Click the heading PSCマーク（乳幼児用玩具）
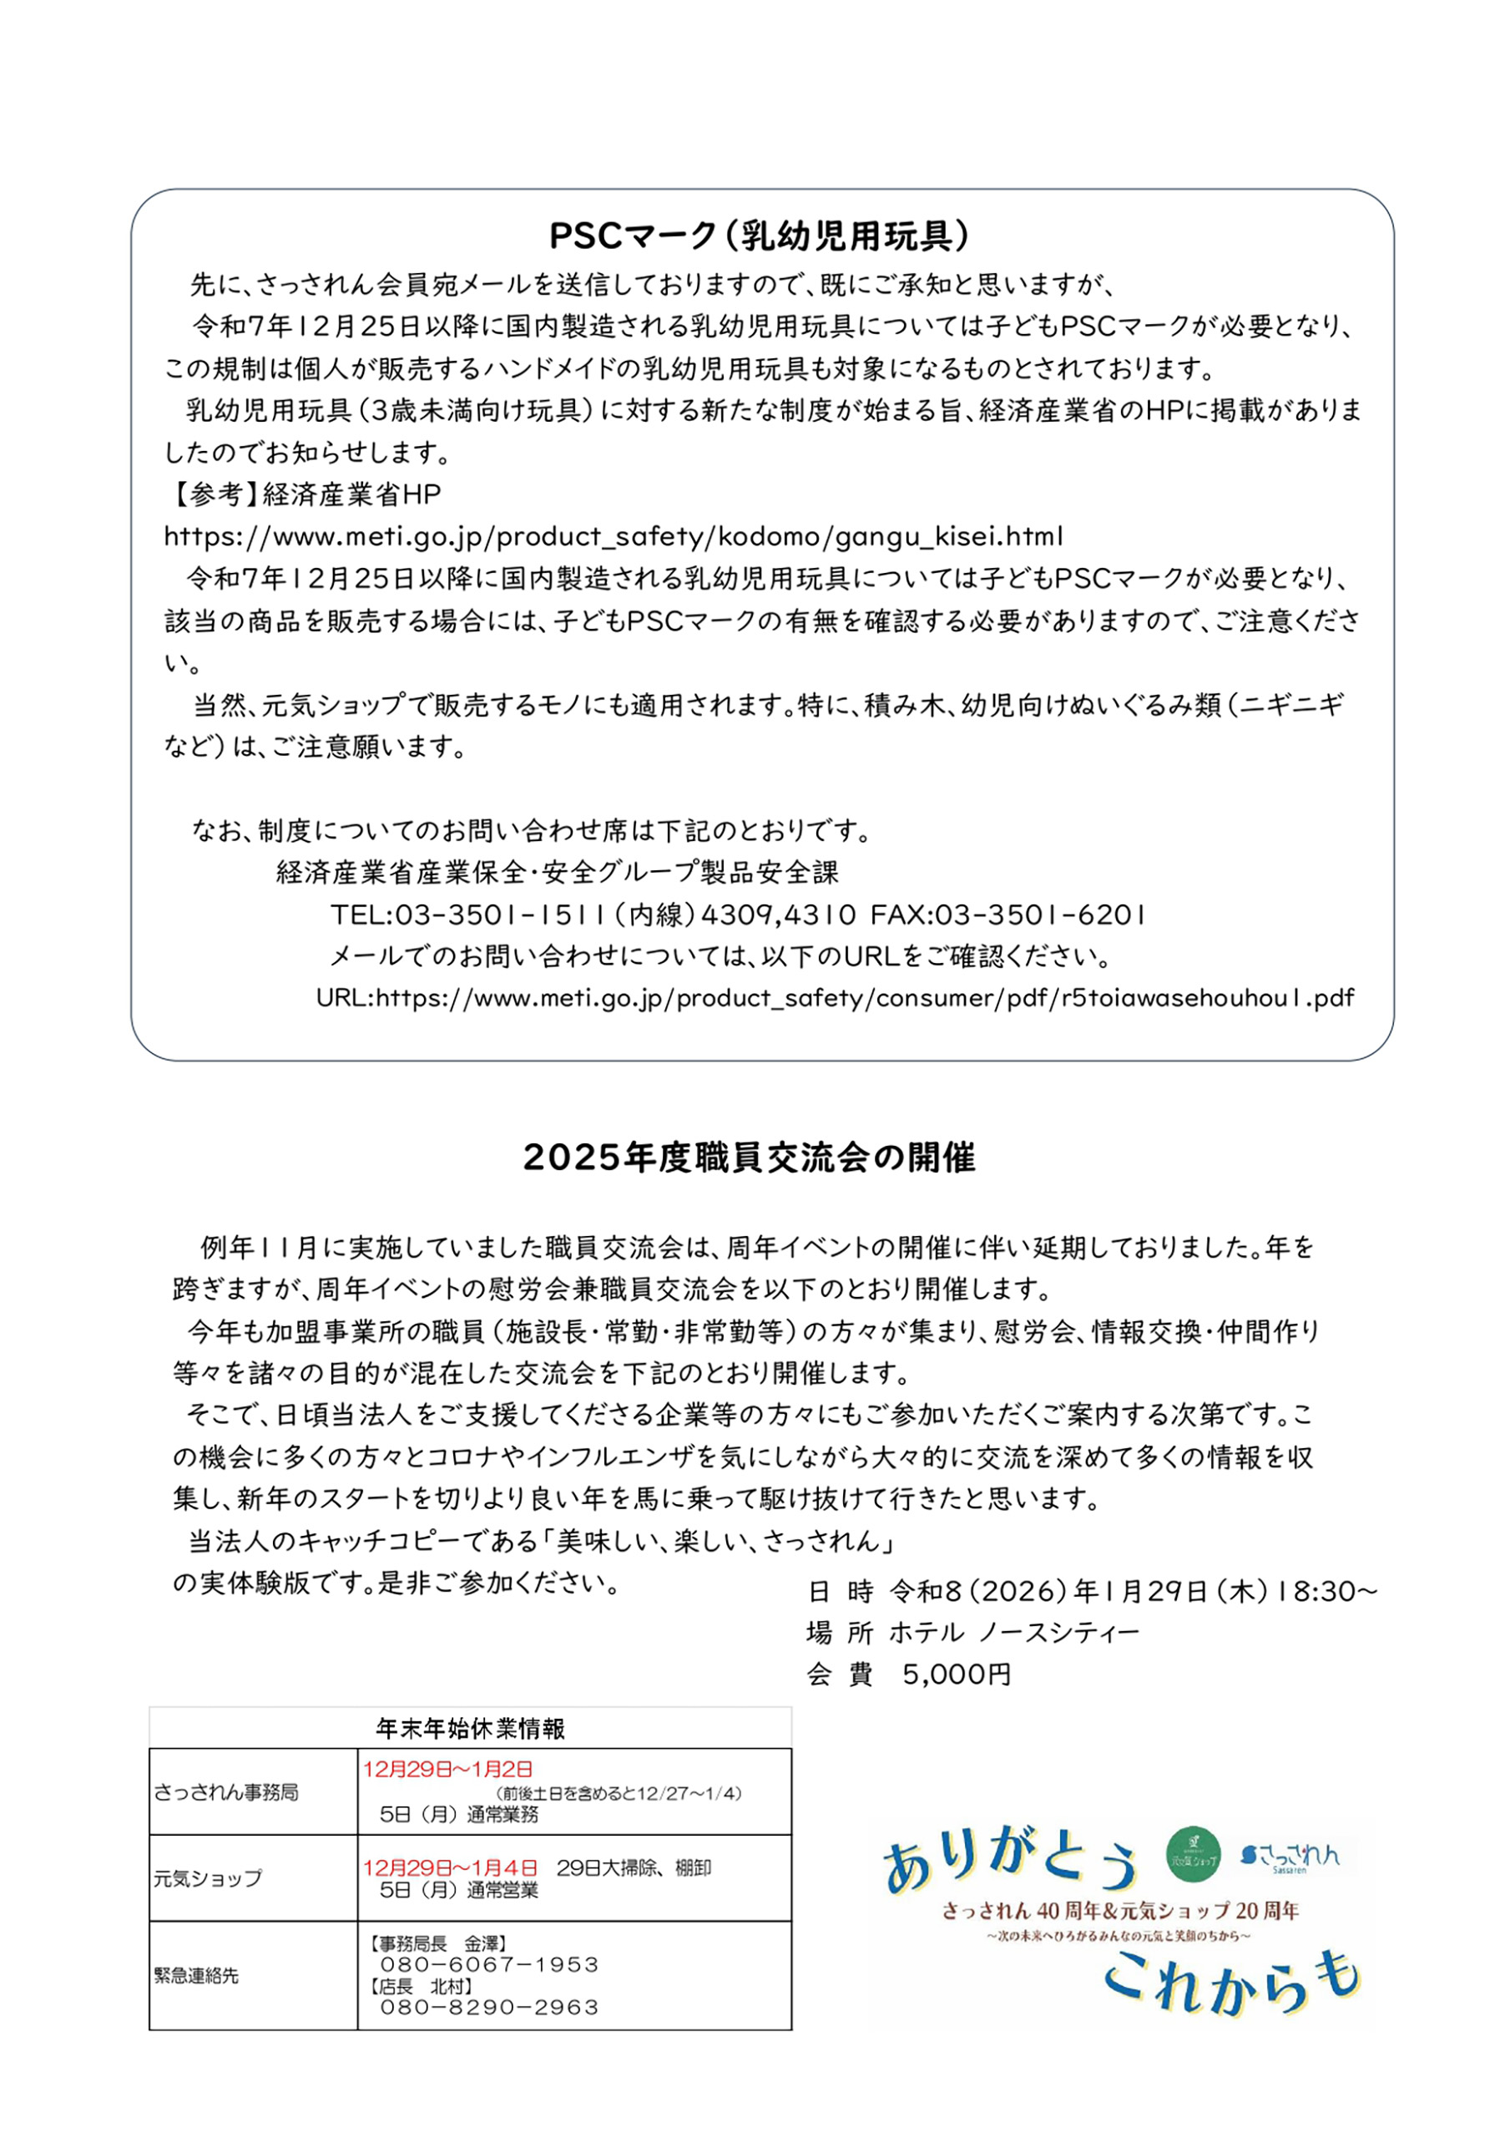coord(760,236)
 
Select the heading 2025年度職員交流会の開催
coord(750,1158)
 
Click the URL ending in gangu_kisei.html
coord(614,537)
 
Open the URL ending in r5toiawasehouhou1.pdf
coord(835,998)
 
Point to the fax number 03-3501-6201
coord(1008,915)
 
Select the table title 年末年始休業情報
coord(470,1730)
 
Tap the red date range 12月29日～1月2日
coord(447,1769)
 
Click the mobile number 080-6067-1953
coord(489,1963)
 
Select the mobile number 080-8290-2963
coord(489,2007)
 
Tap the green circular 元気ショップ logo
coord(1193,1853)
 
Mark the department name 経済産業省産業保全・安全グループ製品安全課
coord(558,873)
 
